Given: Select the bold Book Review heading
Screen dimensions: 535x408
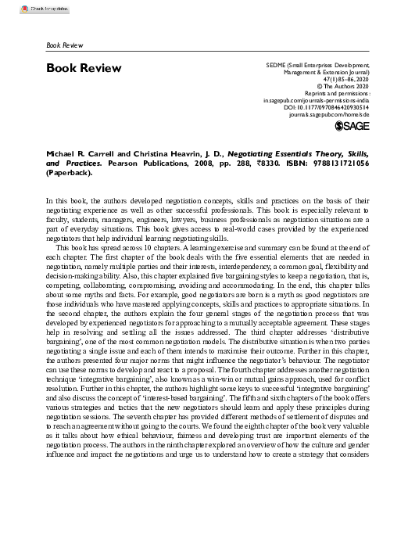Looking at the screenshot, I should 84,68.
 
